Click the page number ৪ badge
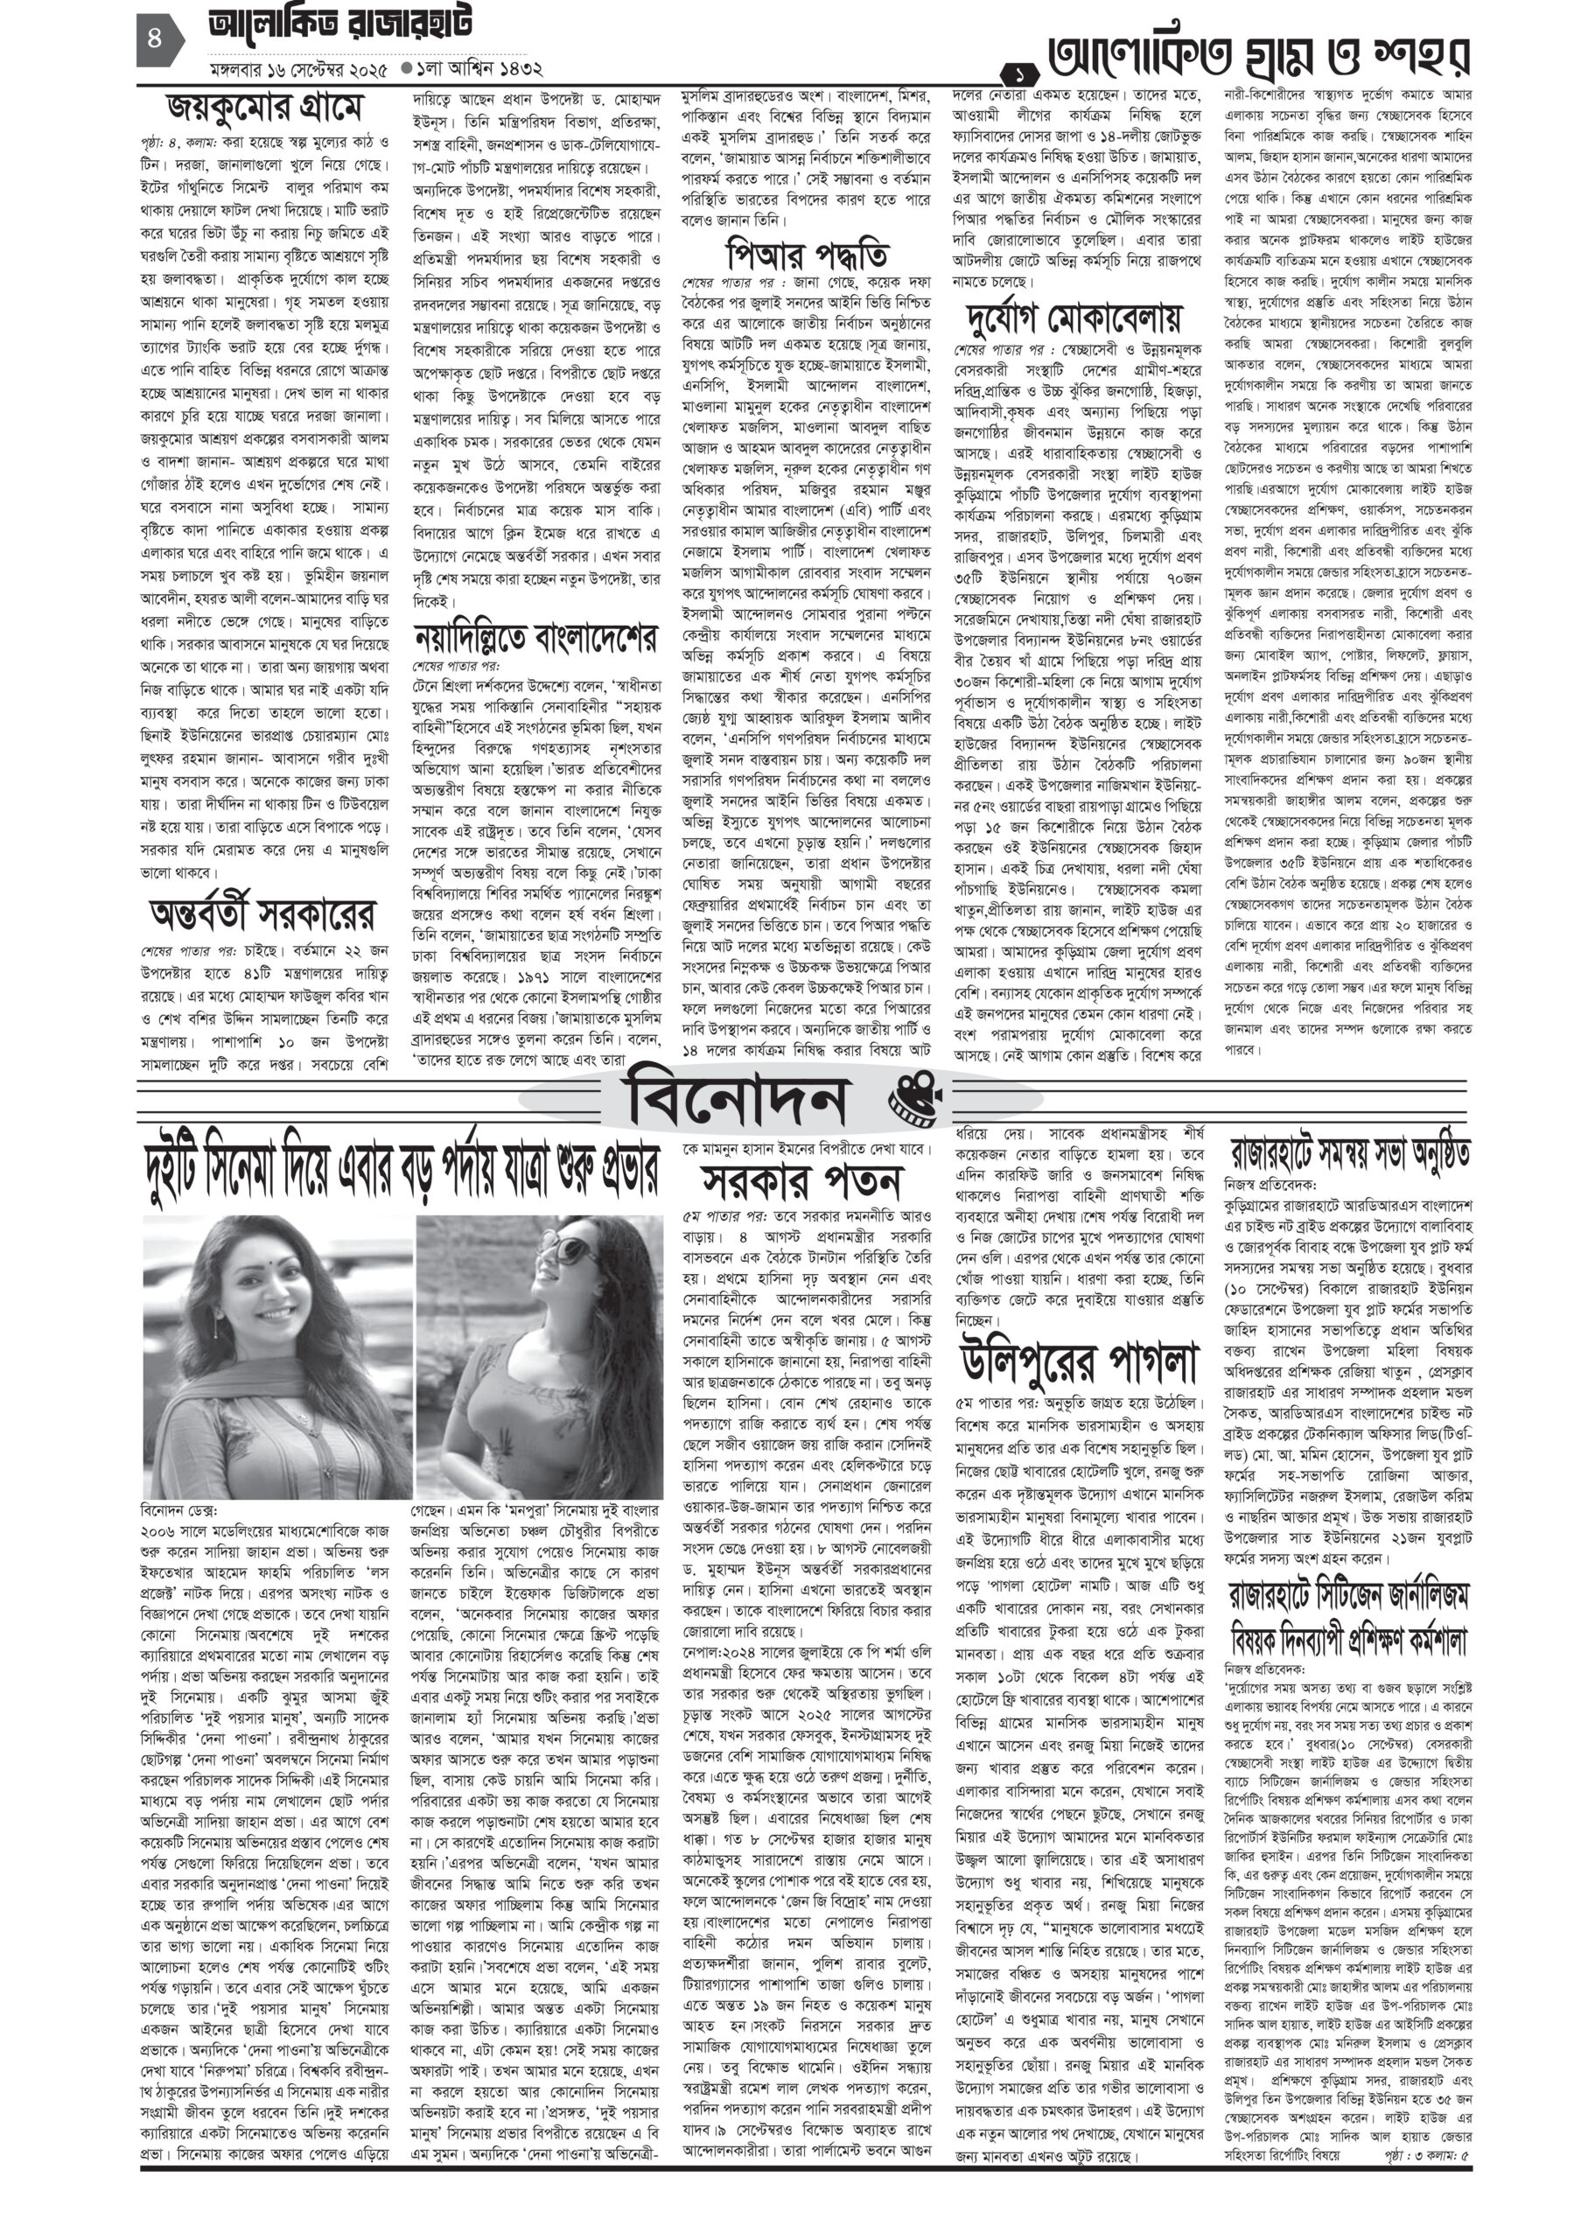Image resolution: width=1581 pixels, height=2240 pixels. [x=155, y=41]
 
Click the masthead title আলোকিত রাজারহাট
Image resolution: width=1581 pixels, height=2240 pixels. [x=341, y=27]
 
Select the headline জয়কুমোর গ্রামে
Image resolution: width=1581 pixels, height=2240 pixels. [x=264, y=107]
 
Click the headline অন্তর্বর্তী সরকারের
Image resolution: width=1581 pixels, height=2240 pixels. [x=262, y=914]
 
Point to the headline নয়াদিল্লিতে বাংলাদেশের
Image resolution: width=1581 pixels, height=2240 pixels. [x=535, y=638]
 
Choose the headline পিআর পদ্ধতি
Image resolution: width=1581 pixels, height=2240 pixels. [x=807, y=255]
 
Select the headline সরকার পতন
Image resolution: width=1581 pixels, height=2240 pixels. [x=801, y=1181]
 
